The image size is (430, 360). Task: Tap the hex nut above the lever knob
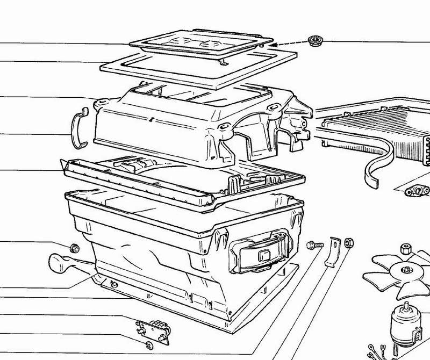coord(75,248)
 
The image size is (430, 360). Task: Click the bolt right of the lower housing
coord(312,246)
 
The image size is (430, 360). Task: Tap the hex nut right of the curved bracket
coord(348,243)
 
